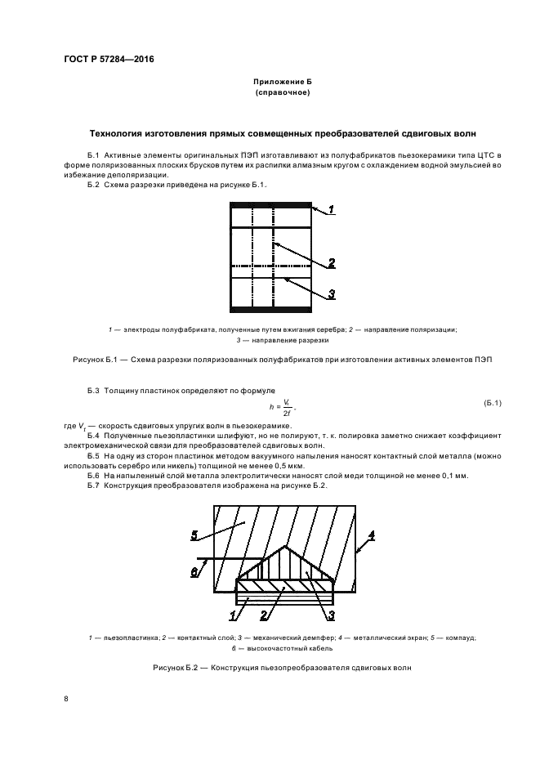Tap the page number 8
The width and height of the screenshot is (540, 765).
click(x=65, y=698)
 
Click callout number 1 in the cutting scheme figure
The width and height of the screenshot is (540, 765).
click(x=332, y=211)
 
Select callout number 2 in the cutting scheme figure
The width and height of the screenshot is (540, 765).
click(x=332, y=263)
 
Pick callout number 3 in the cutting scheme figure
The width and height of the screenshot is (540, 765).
click(x=332, y=294)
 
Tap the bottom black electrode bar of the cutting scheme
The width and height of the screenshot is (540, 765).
click(x=271, y=308)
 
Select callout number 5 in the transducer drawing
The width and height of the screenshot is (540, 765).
click(x=195, y=535)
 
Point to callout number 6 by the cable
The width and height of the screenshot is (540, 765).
click(x=194, y=572)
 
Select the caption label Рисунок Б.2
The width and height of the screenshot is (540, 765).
click(x=176, y=668)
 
